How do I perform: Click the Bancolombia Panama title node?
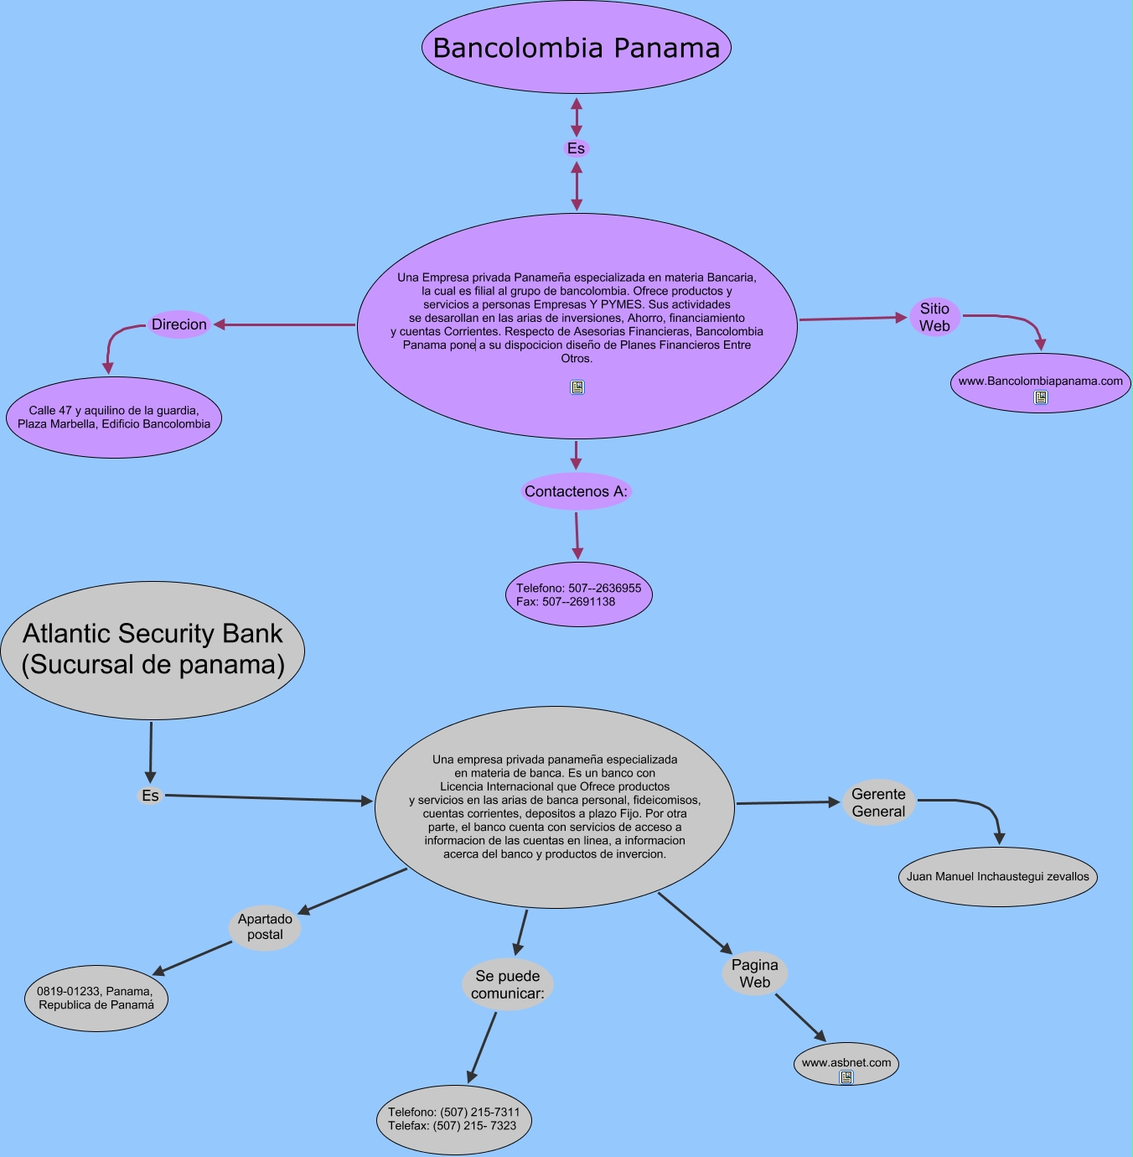pyautogui.click(x=577, y=48)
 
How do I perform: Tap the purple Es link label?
pyautogui.click(x=576, y=148)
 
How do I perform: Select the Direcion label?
pyautogui.click(x=179, y=324)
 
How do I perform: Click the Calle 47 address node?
pyautogui.click(x=114, y=418)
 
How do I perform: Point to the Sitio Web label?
pyautogui.click(x=934, y=317)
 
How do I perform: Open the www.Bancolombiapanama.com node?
pyautogui.click(x=1040, y=381)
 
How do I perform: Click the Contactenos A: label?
pyautogui.click(x=576, y=491)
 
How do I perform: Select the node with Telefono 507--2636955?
pyautogui.click(x=578, y=594)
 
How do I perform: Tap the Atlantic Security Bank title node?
pyautogui.click(x=153, y=650)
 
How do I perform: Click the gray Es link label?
pyautogui.click(x=150, y=796)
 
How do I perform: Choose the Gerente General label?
pyautogui.click(x=878, y=802)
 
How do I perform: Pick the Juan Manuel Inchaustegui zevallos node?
pyautogui.click(x=997, y=877)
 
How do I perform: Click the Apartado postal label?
pyautogui.click(x=265, y=926)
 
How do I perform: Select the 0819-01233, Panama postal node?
pyautogui.click(x=96, y=998)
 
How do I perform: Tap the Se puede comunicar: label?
pyautogui.click(x=508, y=984)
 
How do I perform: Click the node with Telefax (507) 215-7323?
pyautogui.click(x=453, y=1119)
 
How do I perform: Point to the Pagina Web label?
pyautogui.click(x=754, y=973)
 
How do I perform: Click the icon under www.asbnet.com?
pyautogui.click(x=846, y=1077)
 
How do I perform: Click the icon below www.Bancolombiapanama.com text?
pyautogui.click(x=1041, y=397)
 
